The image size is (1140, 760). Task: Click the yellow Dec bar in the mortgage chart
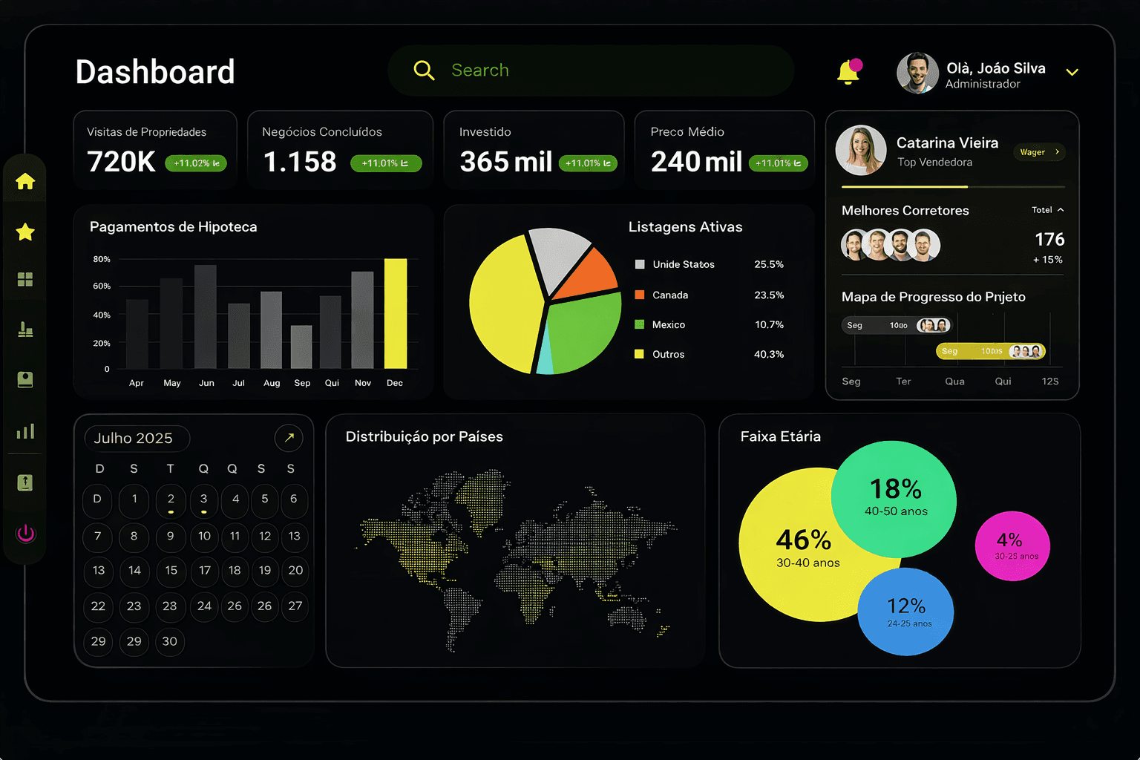395,313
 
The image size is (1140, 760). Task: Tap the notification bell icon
848,72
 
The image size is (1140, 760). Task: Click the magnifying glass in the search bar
424,71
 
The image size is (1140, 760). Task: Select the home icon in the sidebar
25,181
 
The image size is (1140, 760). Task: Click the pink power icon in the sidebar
25,533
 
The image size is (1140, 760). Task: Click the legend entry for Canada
669,295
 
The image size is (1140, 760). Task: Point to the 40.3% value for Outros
768,355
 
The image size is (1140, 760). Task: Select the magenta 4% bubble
1012,546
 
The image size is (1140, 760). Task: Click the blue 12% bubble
906,612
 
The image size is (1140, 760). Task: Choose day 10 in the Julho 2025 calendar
204,537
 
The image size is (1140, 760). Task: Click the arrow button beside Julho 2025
289,438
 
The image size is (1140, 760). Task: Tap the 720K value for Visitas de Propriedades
121,162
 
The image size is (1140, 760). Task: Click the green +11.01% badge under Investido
587,163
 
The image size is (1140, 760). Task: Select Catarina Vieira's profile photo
861,150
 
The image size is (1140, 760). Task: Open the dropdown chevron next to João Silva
1072,73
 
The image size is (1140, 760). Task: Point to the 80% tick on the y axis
102,260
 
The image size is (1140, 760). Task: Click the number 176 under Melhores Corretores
1049,240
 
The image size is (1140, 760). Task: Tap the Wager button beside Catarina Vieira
1038,152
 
